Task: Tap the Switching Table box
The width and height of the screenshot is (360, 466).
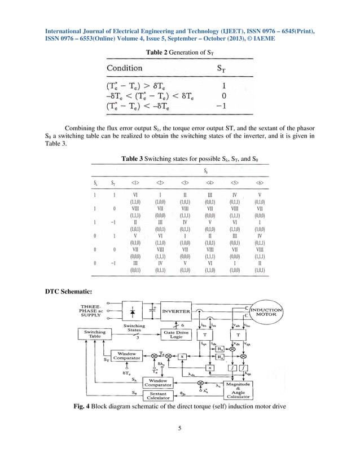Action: tap(94, 335)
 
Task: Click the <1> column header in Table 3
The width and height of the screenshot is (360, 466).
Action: tap(135, 182)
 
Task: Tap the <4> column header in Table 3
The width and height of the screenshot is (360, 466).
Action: tap(210, 182)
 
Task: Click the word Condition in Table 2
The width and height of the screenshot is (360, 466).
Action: tap(125, 68)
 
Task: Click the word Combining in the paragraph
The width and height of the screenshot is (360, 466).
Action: tap(84, 128)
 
